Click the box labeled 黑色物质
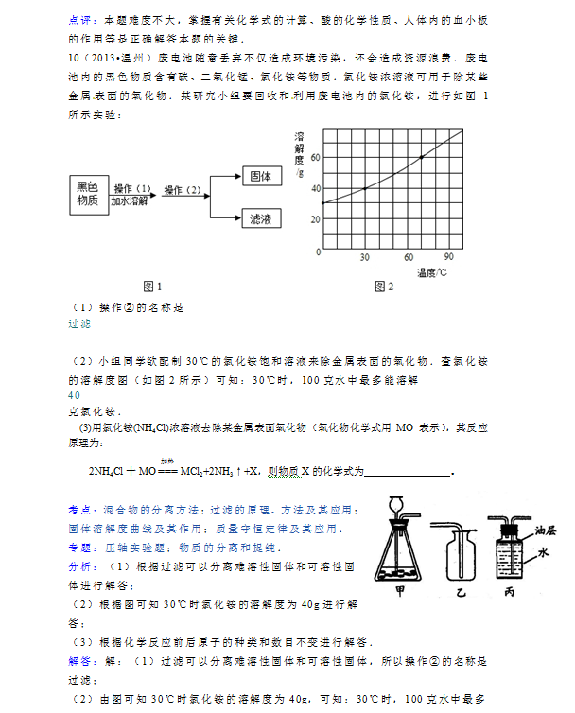click(87, 194)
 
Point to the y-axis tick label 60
click(316, 158)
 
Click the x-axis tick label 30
click(364, 258)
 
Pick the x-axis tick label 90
click(448, 258)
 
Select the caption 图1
click(152, 286)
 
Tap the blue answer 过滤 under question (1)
click(79, 323)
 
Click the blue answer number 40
click(76, 394)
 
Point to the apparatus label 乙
click(462, 593)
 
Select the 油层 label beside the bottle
click(546, 530)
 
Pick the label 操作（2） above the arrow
click(183, 190)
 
